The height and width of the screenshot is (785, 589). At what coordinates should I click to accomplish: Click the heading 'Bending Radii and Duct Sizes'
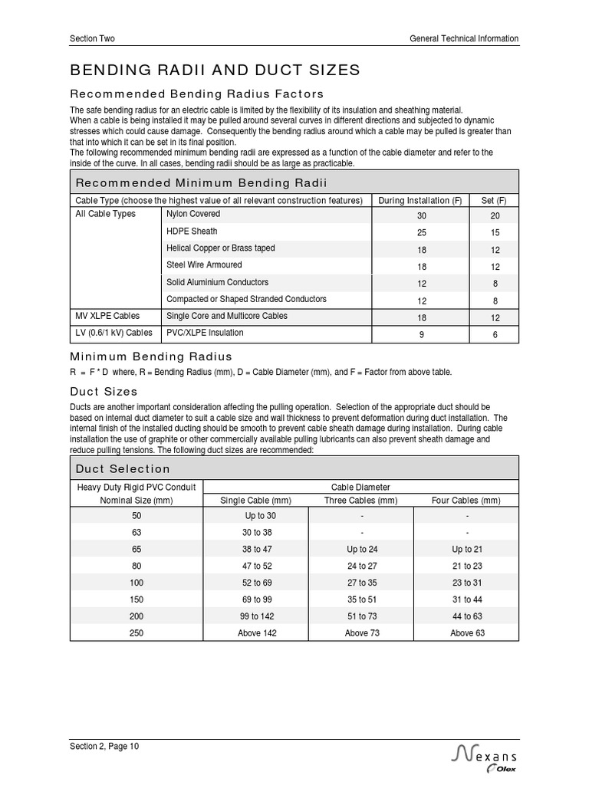click(215, 71)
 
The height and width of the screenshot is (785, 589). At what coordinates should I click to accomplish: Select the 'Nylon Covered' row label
click(193, 214)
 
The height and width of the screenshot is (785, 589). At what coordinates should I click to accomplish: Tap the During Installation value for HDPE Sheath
click(422, 232)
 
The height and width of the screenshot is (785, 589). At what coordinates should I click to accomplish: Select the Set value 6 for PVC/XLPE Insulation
click(495, 334)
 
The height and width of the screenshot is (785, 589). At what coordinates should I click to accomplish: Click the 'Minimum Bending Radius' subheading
click(151, 356)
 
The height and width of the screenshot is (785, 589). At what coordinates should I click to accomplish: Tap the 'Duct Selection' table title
click(123, 469)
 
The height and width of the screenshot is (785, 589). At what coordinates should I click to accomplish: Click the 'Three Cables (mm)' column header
click(361, 501)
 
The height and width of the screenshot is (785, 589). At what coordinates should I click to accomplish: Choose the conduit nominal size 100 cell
click(137, 583)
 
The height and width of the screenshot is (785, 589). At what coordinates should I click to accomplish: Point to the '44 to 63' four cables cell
click(466, 616)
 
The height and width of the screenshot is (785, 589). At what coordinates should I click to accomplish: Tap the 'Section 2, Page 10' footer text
click(104, 746)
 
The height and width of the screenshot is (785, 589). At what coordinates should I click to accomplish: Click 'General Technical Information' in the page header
click(464, 38)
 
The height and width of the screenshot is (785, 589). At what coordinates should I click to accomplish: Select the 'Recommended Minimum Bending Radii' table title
click(201, 182)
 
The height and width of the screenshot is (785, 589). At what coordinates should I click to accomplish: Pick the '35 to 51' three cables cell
click(361, 599)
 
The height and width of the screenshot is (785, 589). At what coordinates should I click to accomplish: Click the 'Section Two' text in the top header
click(92, 38)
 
